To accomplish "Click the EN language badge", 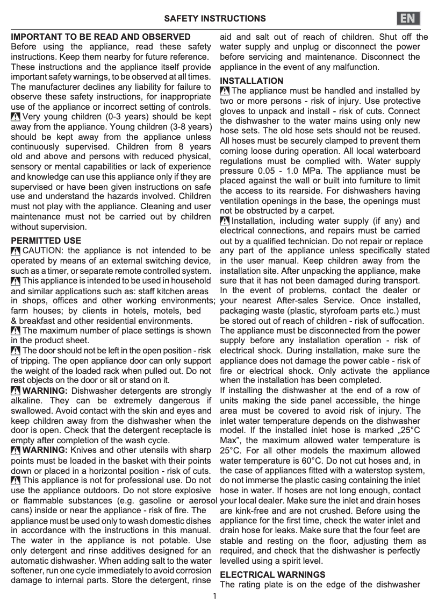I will tap(408, 18).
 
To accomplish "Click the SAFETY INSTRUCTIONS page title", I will tap(214, 19).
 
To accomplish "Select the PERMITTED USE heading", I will tap(46, 240).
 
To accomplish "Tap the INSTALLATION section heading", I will tap(252, 81).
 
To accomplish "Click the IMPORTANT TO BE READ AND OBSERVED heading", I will tap(101, 37).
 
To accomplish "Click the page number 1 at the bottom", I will tap(214, 596).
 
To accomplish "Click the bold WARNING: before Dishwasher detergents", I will tap(45, 391).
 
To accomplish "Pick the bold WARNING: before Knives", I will tap(45, 450).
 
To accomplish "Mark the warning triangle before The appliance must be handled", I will tap(225, 91).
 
